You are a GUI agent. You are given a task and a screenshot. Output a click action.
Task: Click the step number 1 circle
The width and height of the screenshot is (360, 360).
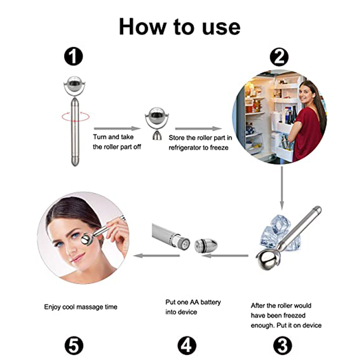[x=73, y=56]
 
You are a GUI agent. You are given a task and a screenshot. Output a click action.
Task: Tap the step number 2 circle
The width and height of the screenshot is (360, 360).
[x=279, y=57]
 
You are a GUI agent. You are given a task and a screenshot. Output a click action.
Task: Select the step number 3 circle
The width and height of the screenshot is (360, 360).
[x=283, y=346]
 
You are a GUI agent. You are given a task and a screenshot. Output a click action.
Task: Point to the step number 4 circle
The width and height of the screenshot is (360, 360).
[x=187, y=346]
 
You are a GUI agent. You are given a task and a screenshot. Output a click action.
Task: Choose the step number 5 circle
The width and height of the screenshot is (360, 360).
[x=74, y=346]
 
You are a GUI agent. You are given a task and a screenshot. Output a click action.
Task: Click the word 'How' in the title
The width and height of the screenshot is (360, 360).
[x=143, y=26]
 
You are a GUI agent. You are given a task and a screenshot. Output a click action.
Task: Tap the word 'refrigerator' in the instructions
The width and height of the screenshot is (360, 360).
[x=185, y=148]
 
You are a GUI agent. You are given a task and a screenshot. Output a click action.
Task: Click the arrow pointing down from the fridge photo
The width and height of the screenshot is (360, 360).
[x=282, y=188]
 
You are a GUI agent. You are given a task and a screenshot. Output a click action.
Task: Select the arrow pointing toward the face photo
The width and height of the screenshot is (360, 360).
[x=156, y=255]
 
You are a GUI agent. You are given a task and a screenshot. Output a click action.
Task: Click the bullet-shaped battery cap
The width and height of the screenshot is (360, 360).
[x=206, y=245]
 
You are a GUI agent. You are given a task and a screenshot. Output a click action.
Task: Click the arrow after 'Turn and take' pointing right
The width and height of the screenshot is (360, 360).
[x=117, y=129]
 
